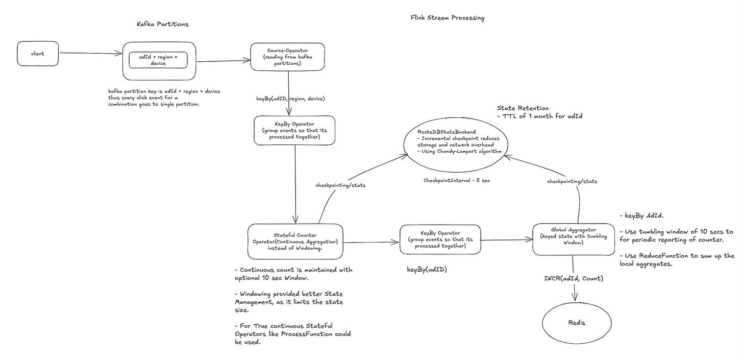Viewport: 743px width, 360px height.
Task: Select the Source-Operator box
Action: [x=288, y=57]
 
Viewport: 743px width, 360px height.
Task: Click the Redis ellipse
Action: [x=577, y=322]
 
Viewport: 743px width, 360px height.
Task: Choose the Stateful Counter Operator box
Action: [x=295, y=241]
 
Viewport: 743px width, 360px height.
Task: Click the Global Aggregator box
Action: [x=573, y=239]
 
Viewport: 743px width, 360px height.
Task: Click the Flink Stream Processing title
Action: [x=448, y=18]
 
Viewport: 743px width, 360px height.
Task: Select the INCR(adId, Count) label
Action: [x=574, y=278]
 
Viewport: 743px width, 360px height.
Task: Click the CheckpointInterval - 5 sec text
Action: [x=456, y=180]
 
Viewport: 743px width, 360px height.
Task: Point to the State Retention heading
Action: [x=523, y=108]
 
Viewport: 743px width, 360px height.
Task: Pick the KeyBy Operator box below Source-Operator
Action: [x=295, y=130]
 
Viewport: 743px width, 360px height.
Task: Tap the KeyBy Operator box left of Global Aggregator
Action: [x=440, y=239]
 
